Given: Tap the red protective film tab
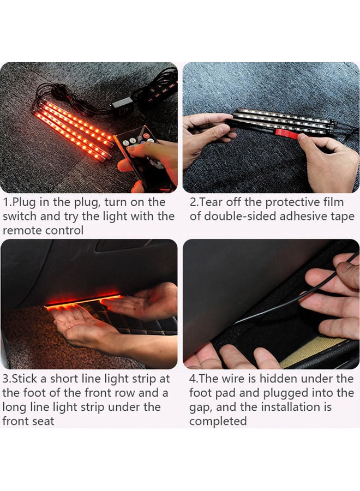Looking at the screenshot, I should [x=286, y=133].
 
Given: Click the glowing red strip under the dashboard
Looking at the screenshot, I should [x=82, y=300].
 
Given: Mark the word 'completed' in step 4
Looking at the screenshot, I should [x=218, y=421].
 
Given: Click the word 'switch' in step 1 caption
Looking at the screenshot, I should [x=20, y=217].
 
